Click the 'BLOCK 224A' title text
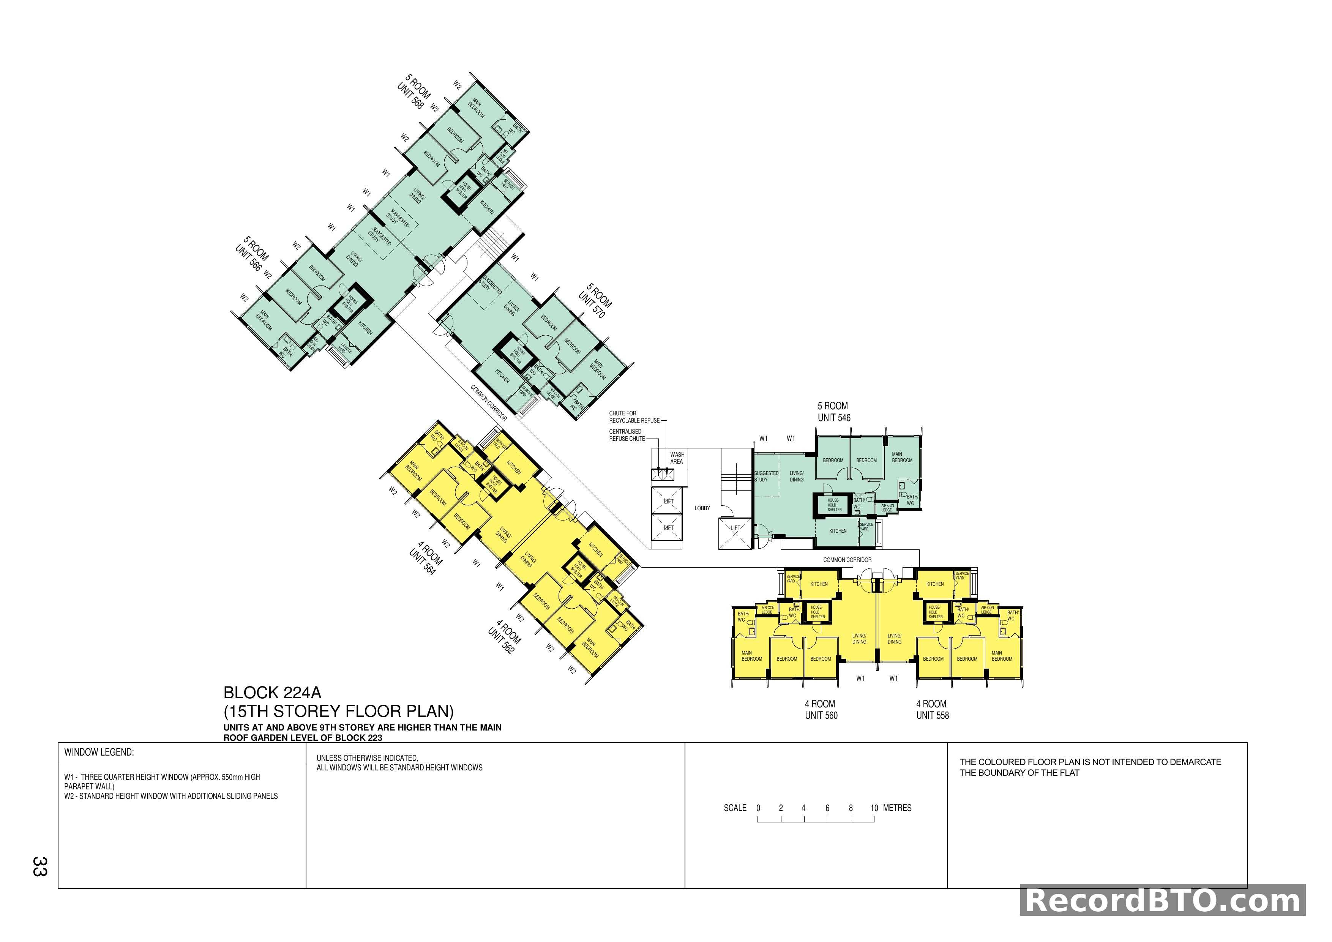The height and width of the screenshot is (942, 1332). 272,693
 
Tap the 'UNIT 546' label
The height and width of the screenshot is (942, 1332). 834,418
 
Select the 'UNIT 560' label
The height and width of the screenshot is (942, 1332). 821,715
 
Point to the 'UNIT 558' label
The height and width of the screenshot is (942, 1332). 932,715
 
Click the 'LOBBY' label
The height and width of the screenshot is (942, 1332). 702,508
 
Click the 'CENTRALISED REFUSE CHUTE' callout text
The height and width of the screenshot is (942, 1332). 627,435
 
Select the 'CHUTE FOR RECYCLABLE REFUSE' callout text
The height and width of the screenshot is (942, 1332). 633,417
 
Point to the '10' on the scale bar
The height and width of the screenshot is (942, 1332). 874,808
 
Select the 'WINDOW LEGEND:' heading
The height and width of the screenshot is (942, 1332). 99,752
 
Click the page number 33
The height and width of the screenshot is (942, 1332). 40,866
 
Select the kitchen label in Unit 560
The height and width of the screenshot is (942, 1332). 819,584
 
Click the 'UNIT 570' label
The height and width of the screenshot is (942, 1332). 591,305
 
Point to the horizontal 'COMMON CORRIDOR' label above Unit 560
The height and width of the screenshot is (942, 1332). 847,560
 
